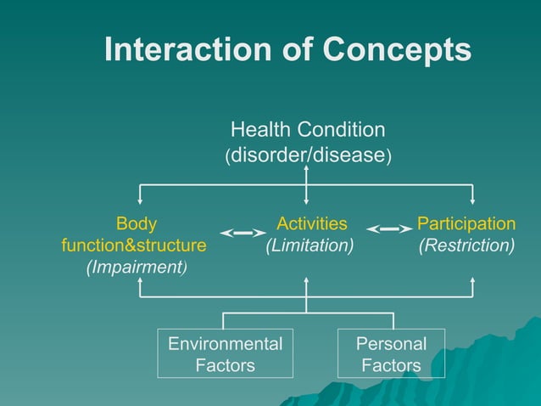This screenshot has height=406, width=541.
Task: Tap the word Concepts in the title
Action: click(398, 50)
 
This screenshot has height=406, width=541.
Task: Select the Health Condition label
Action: click(307, 130)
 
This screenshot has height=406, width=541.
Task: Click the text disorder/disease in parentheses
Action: click(307, 156)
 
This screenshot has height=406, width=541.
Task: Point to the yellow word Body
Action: click(136, 224)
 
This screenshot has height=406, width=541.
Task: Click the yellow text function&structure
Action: click(134, 245)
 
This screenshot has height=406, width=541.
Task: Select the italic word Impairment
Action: click(137, 267)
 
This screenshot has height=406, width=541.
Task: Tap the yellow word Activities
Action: click(311, 224)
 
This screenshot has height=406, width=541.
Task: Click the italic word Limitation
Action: click(310, 245)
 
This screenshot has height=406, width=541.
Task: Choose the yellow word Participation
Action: click(466, 224)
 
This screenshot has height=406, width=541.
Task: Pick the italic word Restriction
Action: click(466, 245)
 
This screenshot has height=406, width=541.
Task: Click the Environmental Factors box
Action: click(225, 354)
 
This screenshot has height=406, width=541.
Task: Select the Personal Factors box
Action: click(391, 354)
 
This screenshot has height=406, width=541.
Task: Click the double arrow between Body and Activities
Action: click(243, 232)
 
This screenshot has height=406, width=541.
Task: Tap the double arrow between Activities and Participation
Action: click(389, 229)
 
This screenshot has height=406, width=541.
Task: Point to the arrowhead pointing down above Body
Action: click(140, 201)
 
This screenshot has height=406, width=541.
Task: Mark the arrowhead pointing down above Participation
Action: click(472, 201)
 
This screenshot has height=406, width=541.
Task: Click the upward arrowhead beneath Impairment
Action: click(140, 281)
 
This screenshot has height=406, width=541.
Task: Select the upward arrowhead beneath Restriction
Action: click(472, 281)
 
